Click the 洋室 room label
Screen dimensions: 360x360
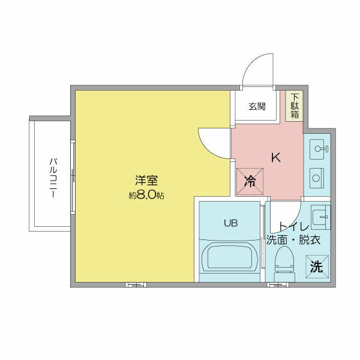(x=146, y=179)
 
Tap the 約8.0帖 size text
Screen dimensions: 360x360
(x=146, y=195)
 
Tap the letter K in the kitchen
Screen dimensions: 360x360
(x=275, y=158)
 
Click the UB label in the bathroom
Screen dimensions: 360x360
(x=231, y=223)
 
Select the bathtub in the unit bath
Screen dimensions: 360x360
(x=230, y=259)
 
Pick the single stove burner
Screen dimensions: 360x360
(x=316, y=177)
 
